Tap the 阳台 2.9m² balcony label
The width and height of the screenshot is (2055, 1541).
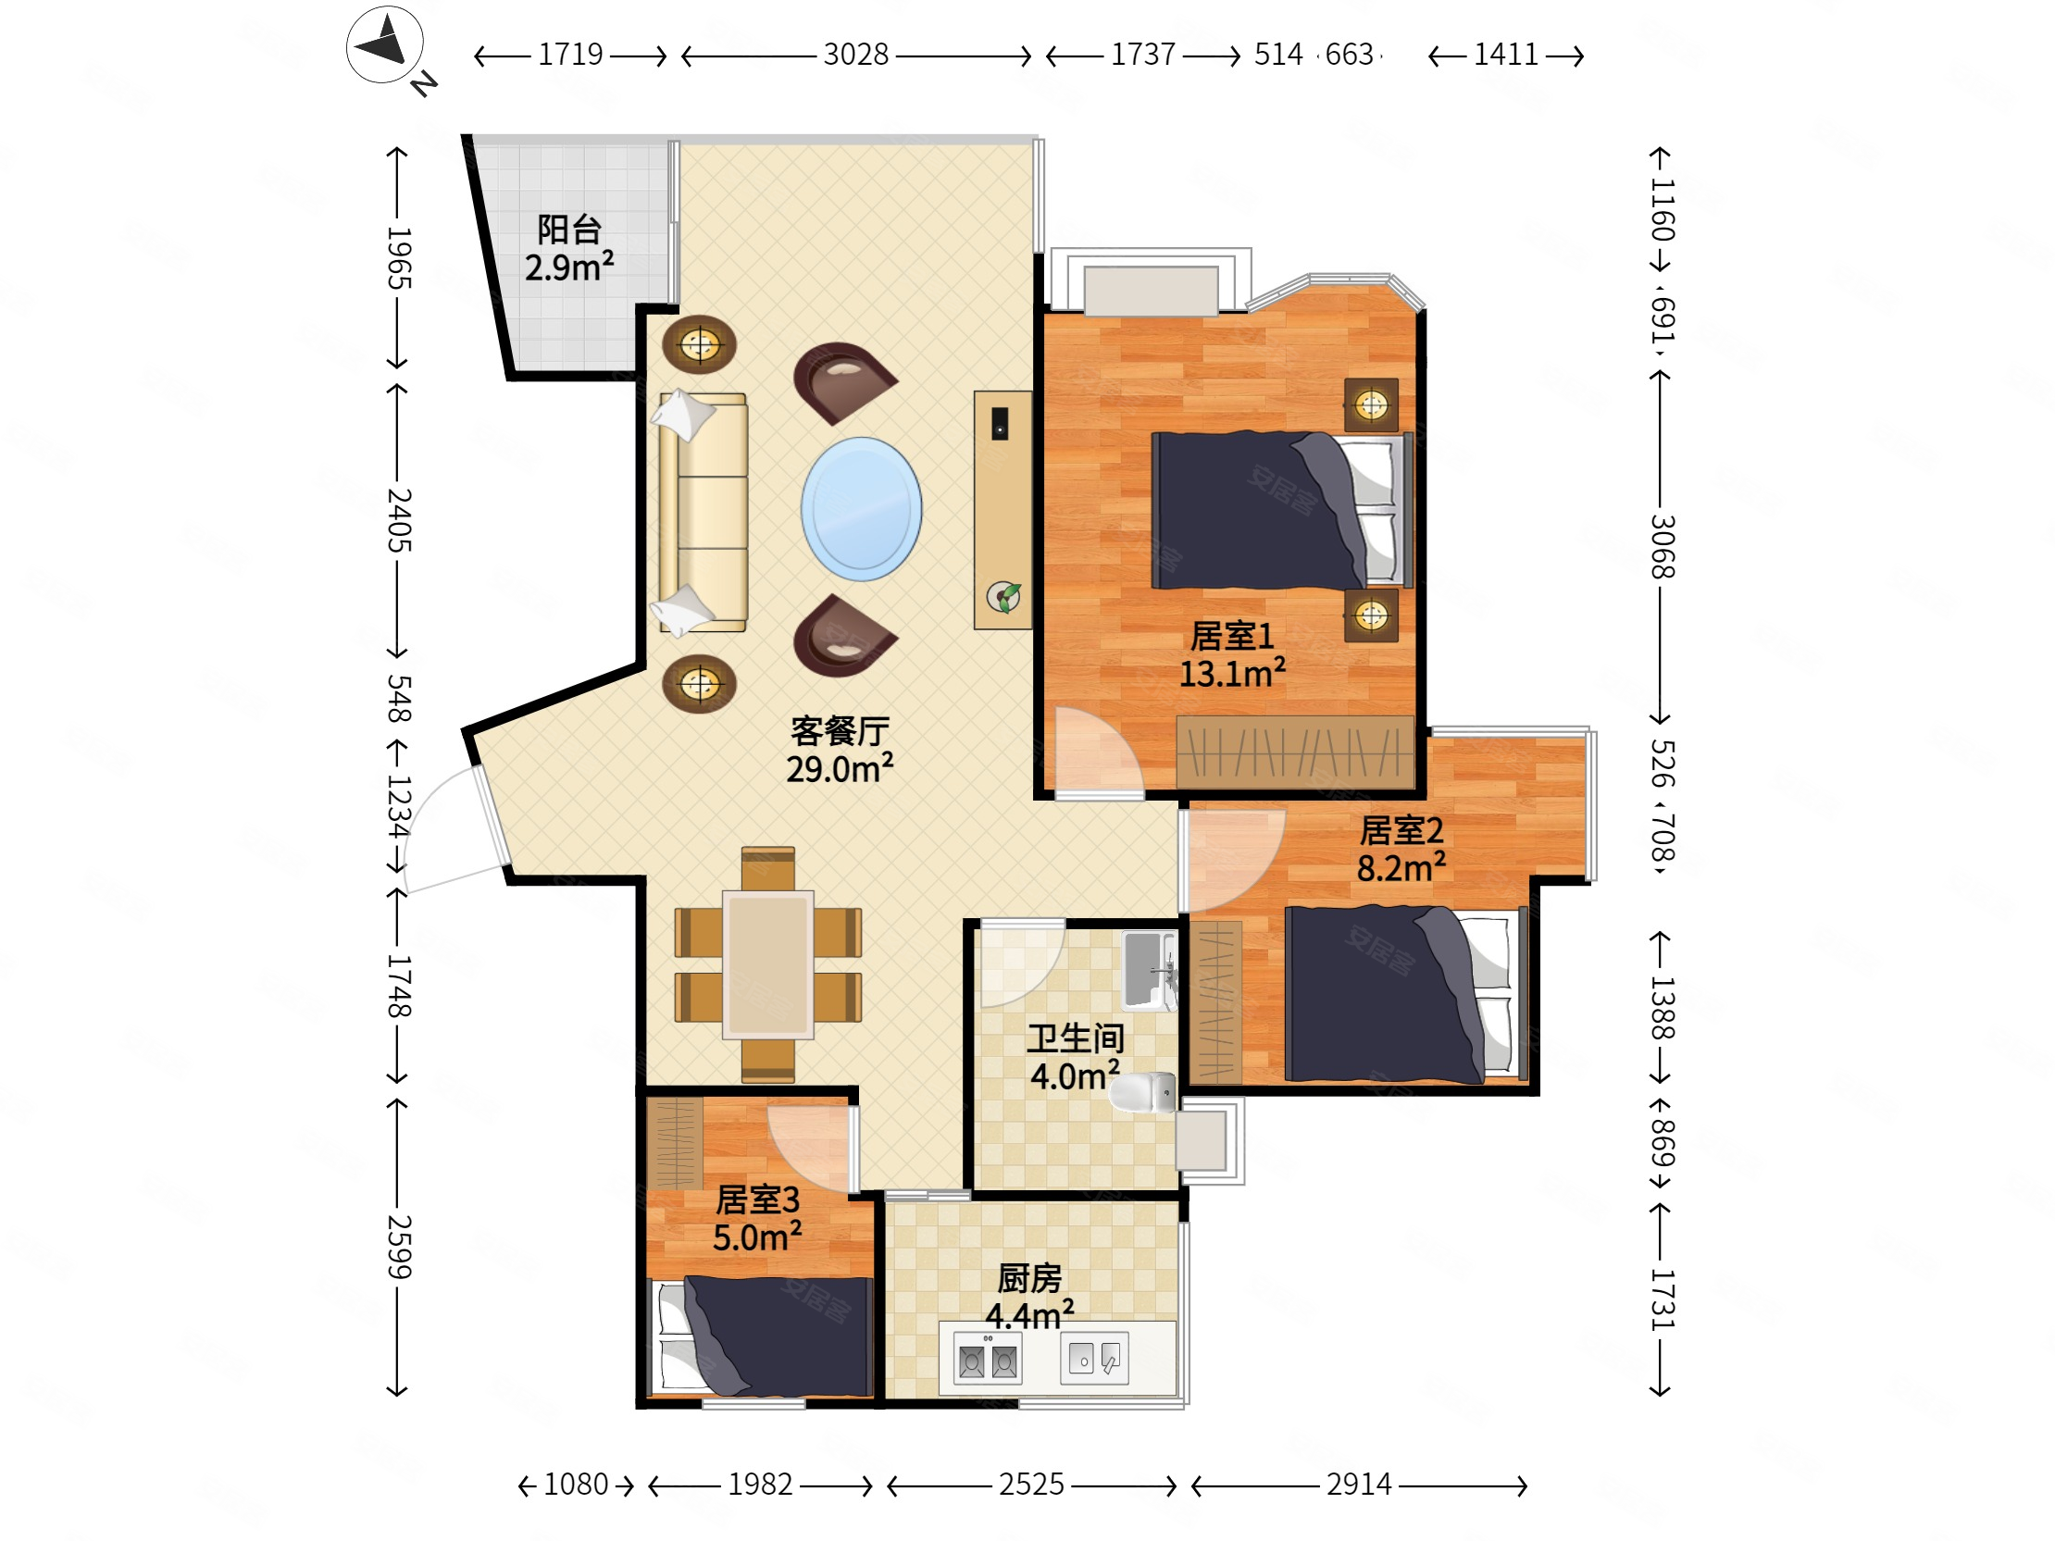(569, 248)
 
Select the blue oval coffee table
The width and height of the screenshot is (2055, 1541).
(861, 509)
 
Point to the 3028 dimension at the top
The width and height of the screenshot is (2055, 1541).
(855, 55)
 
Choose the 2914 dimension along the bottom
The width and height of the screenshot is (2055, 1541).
(1358, 1485)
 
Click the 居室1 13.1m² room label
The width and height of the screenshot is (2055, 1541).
(1233, 655)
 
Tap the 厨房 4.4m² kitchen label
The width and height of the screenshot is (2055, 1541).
(1029, 1297)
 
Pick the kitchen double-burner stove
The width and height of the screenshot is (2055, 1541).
(987, 1360)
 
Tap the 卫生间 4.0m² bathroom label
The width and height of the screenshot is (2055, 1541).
(1075, 1057)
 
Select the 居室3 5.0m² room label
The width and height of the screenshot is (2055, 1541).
(757, 1219)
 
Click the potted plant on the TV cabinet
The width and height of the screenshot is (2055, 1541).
(1004, 596)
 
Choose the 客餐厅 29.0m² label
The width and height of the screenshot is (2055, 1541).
(840, 750)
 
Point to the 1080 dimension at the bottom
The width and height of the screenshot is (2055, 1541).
(575, 1485)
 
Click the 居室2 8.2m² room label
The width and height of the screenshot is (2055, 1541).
(1401, 849)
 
